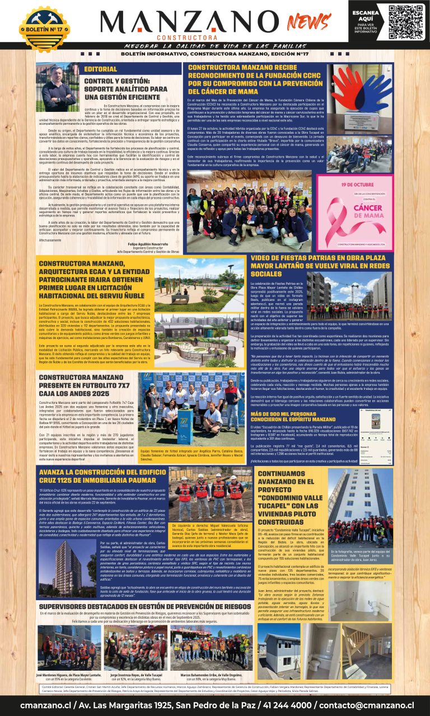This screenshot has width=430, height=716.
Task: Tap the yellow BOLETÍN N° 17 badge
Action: click(45, 27)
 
